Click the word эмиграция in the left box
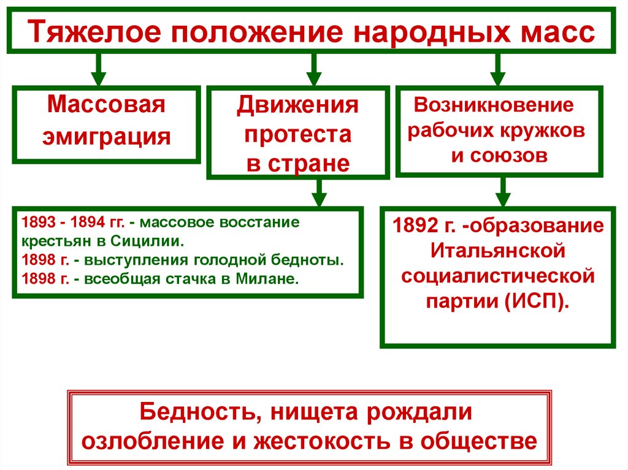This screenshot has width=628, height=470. click(106, 135)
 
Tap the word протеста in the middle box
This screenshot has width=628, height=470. click(298, 134)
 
